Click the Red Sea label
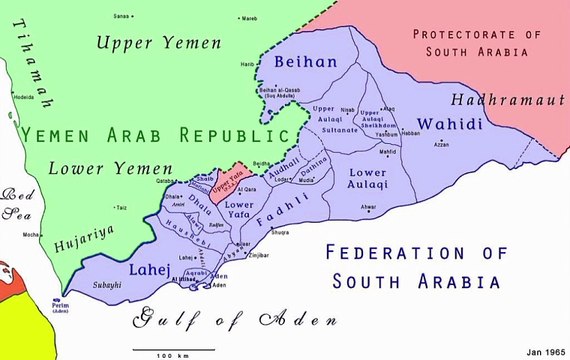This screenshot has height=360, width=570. tap(17, 203)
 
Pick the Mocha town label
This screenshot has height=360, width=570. tap(30, 234)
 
